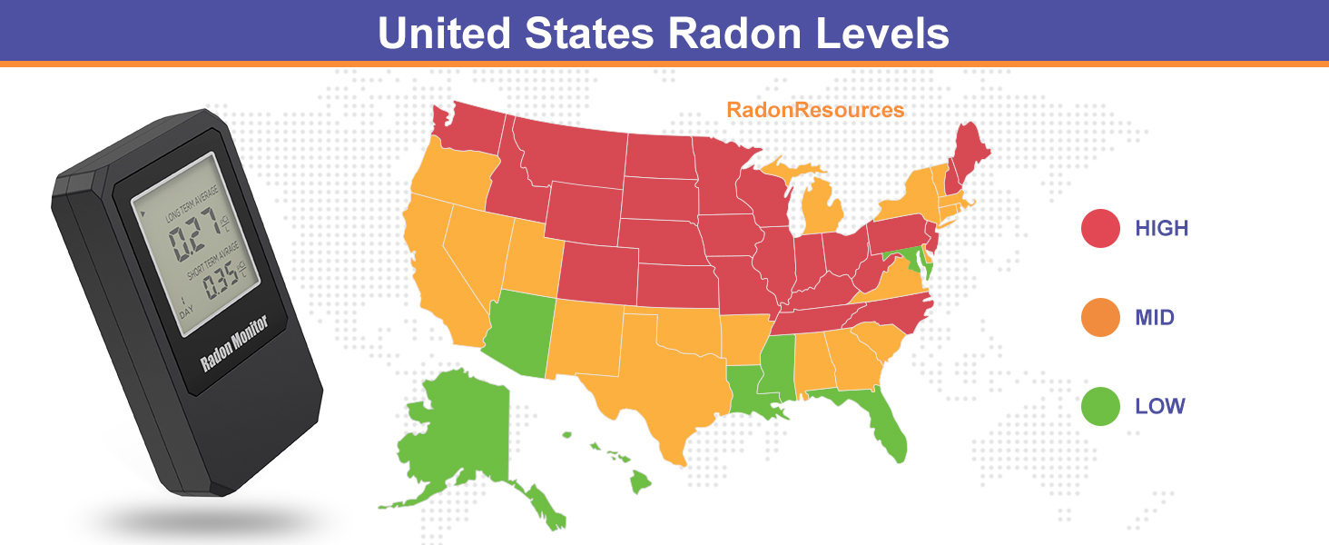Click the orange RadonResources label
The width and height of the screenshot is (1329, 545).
coord(815,110)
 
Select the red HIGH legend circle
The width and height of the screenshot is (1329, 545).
coord(1100,228)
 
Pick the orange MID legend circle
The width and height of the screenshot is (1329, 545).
coord(1100,318)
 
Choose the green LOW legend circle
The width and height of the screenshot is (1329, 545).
coord(1100,406)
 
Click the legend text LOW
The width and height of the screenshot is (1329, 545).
coord(1160,406)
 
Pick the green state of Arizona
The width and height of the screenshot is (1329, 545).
coord(517,336)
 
